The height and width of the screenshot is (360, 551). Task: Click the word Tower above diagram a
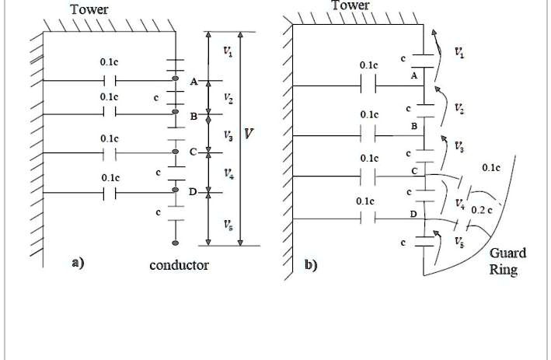coord(89,10)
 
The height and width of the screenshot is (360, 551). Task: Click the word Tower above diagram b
coord(350,5)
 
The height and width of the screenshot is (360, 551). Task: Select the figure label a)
coord(78,262)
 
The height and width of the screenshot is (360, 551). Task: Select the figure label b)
coord(311,264)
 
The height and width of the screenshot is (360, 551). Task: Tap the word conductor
coord(179,265)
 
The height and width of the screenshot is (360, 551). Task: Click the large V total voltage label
coord(248,133)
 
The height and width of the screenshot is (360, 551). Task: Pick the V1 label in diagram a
coord(226,52)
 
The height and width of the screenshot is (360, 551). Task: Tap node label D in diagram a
coord(194,191)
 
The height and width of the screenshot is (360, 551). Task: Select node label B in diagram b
coord(413,125)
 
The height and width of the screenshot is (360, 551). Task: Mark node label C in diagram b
coord(413,170)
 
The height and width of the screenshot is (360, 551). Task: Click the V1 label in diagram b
coord(460,53)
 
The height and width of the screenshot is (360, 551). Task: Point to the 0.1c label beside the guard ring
coord(491,167)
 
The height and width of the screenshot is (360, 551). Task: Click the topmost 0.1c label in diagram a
coord(109,61)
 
